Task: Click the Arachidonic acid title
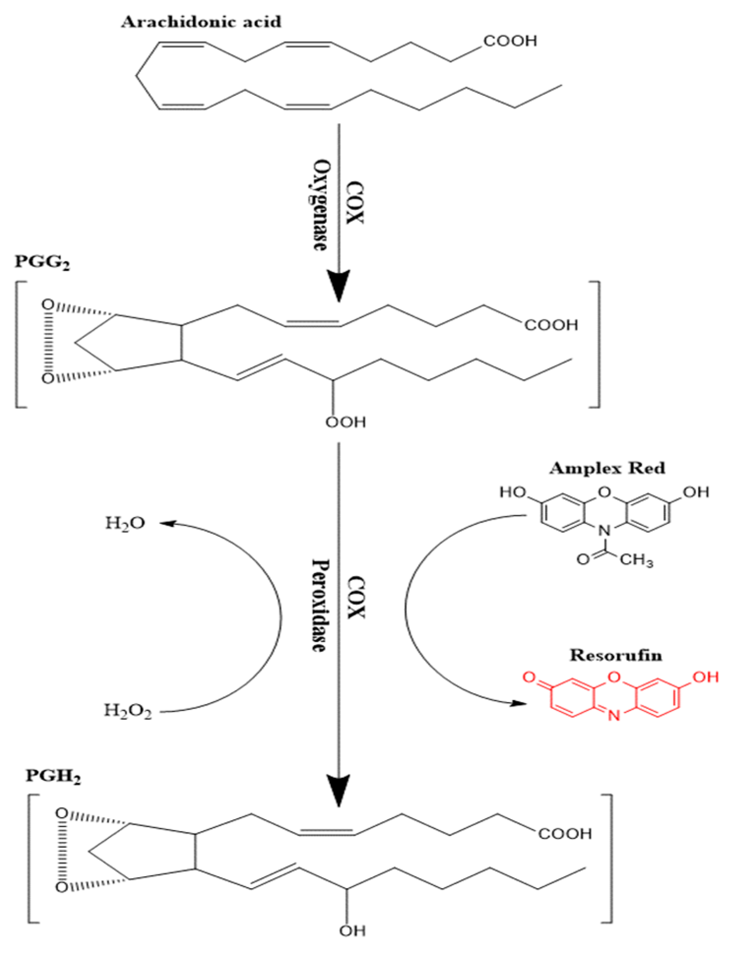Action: (201, 22)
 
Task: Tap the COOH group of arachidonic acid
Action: (510, 41)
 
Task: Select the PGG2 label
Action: (42, 262)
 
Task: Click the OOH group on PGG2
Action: (346, 422)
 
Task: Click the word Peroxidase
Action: (320, 606)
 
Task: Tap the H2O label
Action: (125, 523)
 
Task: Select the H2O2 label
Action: (128, 711)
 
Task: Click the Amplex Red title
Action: (607, 468)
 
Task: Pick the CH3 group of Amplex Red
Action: (636, 560)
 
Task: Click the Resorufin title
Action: (615, 655)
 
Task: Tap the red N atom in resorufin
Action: (614, 716)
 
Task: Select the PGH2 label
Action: (53, 776)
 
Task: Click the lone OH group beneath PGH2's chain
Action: (352, 930)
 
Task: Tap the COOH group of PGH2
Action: (565, 834)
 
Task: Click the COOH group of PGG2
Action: (551, 325)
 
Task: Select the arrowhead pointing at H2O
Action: (166, 524)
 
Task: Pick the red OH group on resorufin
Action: (705, 677)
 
